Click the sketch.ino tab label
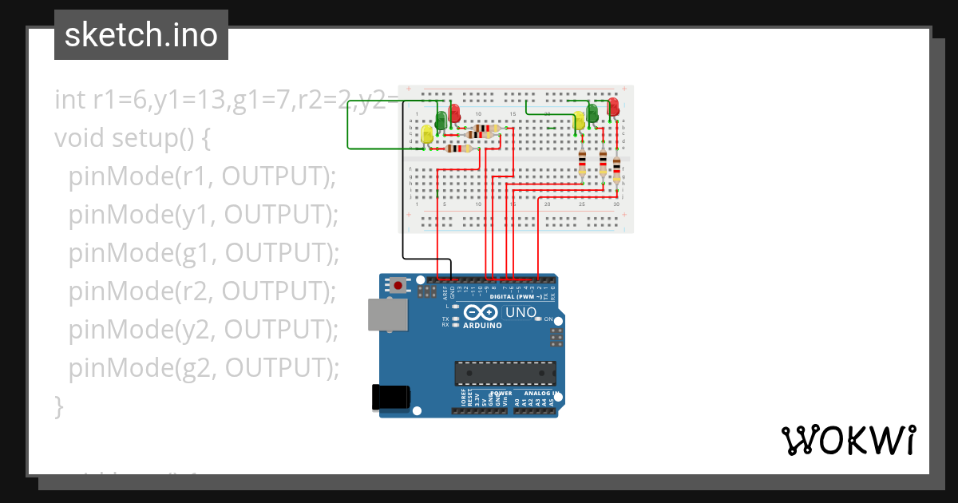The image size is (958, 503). tap(141, 35)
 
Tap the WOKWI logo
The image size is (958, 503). tap(847, 440)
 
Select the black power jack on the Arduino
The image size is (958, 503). tap(391, 398)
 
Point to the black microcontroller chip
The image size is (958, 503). tap(505, 373)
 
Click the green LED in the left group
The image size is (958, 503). tap(441, 119)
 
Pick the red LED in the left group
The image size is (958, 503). tap(454, 113)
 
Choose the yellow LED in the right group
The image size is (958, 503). tap(580, 121)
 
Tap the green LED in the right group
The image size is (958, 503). tap(592, 113)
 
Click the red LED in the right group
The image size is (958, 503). tap(613, 106)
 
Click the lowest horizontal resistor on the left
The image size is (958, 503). tap(458, 148)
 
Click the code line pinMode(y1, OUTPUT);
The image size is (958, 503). tap(204, 215)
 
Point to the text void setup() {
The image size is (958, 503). tap(133, 138)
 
